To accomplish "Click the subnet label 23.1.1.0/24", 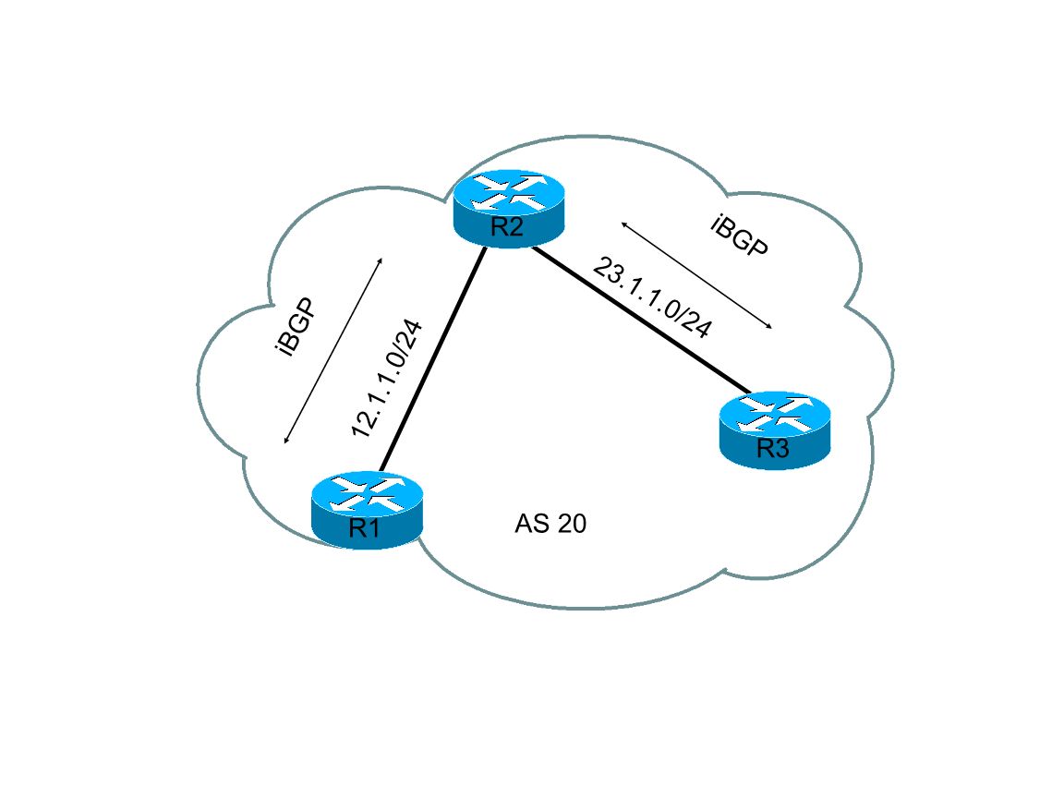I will (652, 298).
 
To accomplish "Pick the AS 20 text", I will (550, 525).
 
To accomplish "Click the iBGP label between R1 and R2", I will (296, 327).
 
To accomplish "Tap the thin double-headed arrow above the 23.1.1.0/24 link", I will (696, 275).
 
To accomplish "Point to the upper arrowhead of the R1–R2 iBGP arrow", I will (380, 262).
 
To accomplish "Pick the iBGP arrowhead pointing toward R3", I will (768, 325).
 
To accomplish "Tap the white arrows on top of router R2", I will (508, 191).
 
